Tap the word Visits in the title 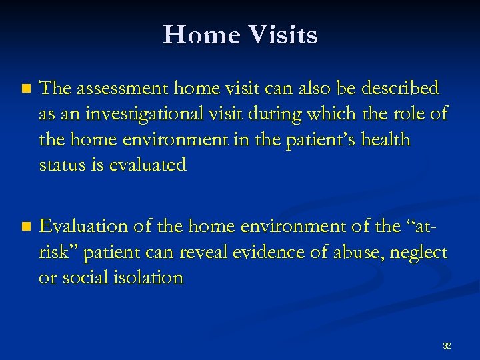click(281, 35)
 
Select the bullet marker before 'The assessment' click(26, 89)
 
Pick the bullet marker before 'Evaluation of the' click(26, 227)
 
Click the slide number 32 click(447, 346)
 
